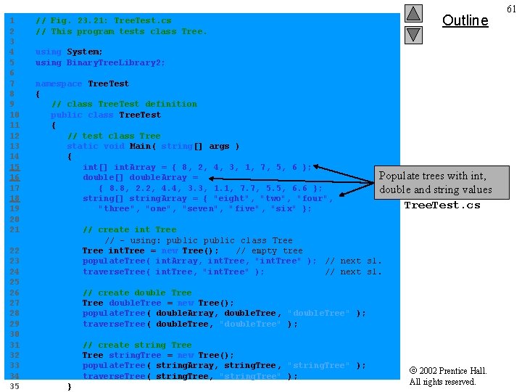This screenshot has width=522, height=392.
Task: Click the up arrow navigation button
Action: point(413,13)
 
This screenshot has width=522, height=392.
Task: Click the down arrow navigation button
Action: point(413,34)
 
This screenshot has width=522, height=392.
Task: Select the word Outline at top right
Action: point(465,20)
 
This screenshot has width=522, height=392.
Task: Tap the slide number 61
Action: point(511,9)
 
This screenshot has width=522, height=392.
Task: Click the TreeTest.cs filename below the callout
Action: point(442,205)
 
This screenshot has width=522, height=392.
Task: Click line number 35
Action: point(14,387)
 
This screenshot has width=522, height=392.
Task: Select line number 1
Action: point(12,21)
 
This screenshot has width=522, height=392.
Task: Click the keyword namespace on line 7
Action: point(59,83)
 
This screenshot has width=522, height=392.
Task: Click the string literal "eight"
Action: point(232,198)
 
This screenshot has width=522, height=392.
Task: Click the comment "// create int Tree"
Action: point(129,229)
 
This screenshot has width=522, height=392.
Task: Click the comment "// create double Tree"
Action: point(137,293)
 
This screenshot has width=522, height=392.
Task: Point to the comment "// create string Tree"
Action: point(137,345)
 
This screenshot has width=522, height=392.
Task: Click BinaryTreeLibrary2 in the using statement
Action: point(116,62)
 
